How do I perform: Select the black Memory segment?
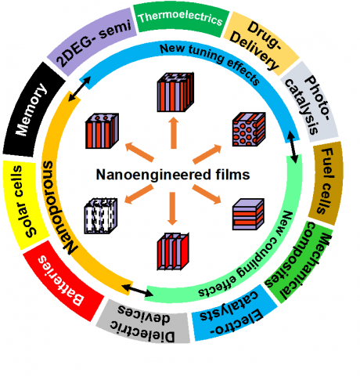[x=33, y=110]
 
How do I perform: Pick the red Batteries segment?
[x=63, y=280]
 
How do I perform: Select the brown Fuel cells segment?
[x=326, y=183]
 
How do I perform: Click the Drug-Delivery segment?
[x=261, y=42]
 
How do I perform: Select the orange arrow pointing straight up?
[x=174, y=133]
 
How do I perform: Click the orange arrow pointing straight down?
[x=172, y=208]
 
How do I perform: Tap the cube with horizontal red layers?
[x=248, y=214]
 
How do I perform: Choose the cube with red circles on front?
[x=249, y=129]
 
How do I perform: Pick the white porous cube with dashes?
[x=101, y=216]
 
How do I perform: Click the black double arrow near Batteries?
[x=138, y=291]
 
